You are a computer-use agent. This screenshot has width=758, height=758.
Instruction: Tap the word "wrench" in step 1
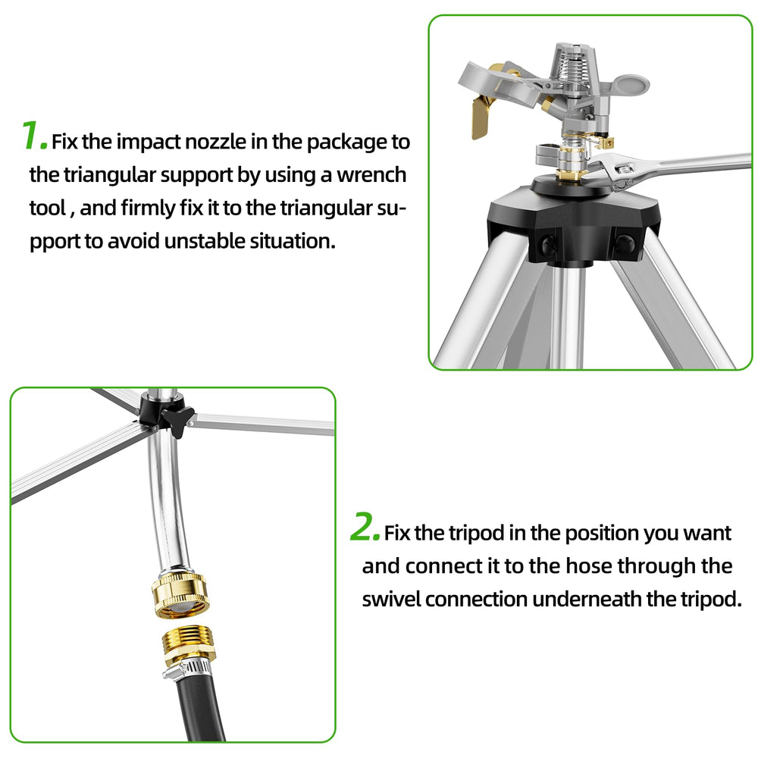pyautogui.click(x=371, y=175)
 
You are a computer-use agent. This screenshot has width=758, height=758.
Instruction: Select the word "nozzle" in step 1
pyautogui.click(x=215, y=142)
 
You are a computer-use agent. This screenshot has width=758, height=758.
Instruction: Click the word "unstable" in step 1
pyautogui.click(x=204, y=241)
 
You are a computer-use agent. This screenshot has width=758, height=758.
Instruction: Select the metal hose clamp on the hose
pyautogui.click(x=189, y=669)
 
